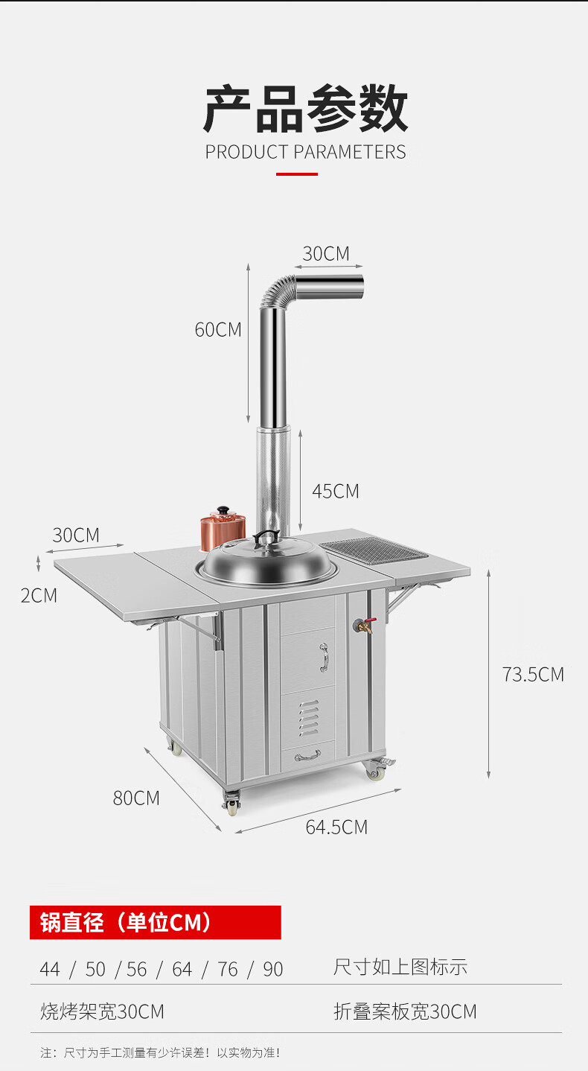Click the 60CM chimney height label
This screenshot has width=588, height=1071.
tap(218, 330)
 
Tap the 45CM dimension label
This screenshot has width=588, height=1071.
tap(336, 492)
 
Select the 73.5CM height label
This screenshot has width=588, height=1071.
tap(533, 675)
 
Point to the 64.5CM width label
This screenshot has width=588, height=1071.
tap(336, 827)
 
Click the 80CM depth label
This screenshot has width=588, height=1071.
tap(136, 798)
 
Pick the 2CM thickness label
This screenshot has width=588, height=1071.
tap(39, 596)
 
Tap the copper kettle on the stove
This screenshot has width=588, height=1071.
tap(222, 530)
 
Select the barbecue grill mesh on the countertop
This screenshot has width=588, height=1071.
tap(374, 550)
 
